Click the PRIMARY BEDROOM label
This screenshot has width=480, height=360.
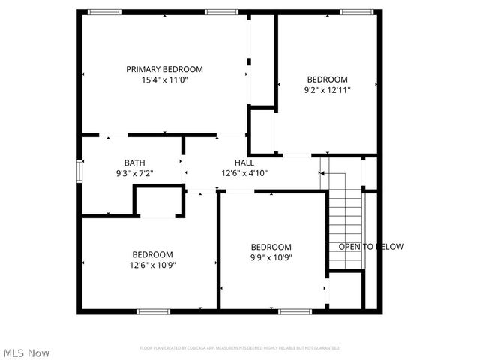tap(164, 69)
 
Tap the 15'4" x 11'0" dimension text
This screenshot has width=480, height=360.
tap(164, 79)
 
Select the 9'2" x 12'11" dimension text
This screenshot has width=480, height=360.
tap(327, 89)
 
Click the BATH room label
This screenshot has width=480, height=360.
tap(135, 163)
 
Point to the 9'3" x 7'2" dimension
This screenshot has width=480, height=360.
tap(135, 173)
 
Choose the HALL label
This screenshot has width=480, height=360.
tap(244, 163)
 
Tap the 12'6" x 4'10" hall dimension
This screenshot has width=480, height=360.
tap(244, 173)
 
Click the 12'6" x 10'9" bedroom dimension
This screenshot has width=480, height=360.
tap(153, 264)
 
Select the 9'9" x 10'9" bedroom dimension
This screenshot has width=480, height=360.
tap(271, 257)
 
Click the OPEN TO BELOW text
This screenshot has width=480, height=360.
tap(370, 247)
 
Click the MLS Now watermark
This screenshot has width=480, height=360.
tap(26, 352)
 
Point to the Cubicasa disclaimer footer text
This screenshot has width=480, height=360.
tap(240, 348)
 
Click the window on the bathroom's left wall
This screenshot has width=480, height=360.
tap(79, 170)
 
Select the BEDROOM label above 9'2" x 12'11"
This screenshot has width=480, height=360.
tap(327, 79)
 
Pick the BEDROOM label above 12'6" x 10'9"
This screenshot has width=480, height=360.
tap(153, 254)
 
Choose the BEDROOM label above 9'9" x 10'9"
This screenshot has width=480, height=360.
tap(271, 247)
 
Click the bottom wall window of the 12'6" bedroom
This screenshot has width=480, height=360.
tap(153, 311)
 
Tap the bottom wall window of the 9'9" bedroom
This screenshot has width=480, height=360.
tap(295, 311)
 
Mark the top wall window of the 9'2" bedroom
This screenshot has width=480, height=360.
tap(357, 11)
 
